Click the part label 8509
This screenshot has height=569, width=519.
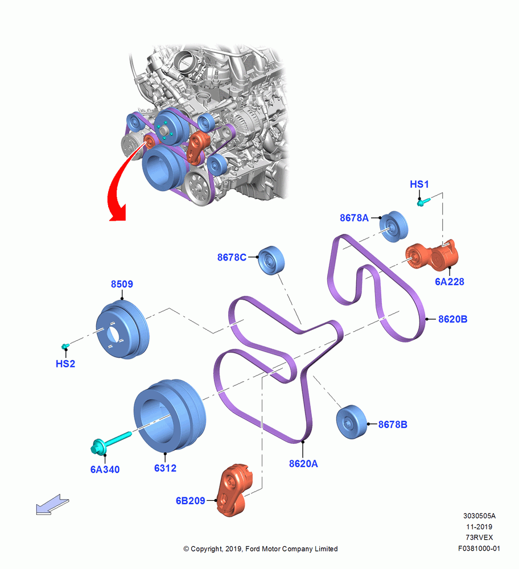point(122,284)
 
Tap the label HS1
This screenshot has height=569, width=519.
point(419,184)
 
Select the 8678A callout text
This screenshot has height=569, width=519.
point(354,218)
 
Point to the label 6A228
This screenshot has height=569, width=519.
point(450,282)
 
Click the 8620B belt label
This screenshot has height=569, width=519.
point(452,319)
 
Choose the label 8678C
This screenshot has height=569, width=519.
point(232,257)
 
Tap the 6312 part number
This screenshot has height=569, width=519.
point(165,468)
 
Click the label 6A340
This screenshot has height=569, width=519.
point(105,469)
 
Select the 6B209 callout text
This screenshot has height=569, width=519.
point(191,501)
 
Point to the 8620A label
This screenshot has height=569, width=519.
point(303,464)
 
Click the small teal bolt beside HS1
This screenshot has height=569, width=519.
point(423,201)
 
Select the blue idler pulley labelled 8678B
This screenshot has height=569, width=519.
point(351,422)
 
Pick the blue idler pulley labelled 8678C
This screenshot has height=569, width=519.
point(271,260)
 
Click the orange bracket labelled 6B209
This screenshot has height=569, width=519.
point(234,490)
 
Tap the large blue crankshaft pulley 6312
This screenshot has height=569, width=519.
point(170,416)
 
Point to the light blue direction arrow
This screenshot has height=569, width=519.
point(52,505)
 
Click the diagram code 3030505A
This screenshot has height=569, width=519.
point(479,516)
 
